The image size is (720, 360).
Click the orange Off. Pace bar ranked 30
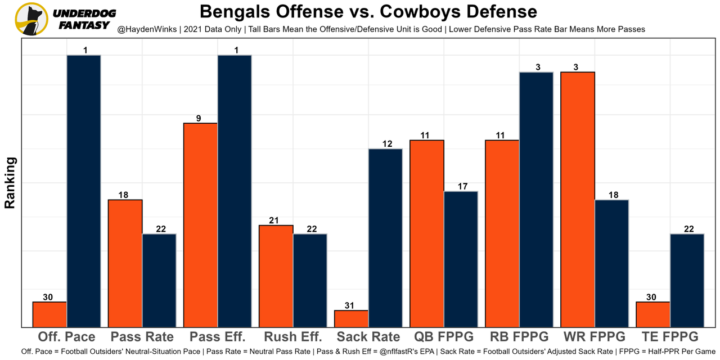(x=49, y=314)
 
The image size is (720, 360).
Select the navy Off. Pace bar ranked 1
(x=84, y=191)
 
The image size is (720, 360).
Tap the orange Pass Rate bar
(x=125, y=263)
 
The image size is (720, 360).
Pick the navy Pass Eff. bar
(x=235, y=191)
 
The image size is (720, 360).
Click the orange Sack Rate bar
(x=351, y=318)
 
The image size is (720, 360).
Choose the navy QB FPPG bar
(x=461, y=259)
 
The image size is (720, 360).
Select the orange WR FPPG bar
(x=578, y=200)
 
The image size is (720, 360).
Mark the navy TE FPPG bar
(x=687, y=280)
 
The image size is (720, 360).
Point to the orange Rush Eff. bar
(x=276, y=276)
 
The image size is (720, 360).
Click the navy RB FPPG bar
(x=536, y=200)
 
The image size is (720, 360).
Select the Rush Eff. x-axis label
(x=293, y=337)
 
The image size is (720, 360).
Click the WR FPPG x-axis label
(x=594, y=337)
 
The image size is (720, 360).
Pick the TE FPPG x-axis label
(x=669, y=337)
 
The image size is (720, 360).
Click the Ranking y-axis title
(x=10, y=183)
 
